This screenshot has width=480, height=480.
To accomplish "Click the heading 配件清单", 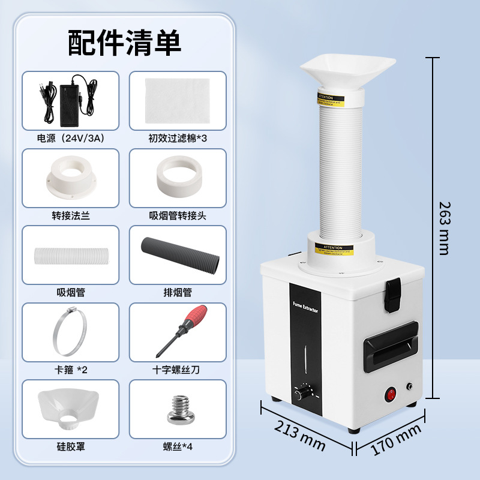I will [x=124, y=43].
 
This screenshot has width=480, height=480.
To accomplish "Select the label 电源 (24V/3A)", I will [x=71, y=138].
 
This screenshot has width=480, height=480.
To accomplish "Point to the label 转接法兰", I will [x=71, y=215].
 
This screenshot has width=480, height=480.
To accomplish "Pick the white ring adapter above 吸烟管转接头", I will [x=178, y=176].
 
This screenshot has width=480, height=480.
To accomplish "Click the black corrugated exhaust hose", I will [x=178, y=255].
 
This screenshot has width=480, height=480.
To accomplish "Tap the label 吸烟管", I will [x=71, y=292].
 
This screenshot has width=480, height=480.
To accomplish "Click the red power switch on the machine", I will [x=394, y=394].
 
